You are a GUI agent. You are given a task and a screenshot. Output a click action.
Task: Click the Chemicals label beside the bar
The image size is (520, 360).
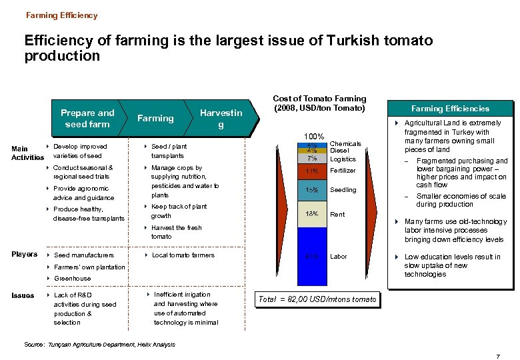(345, 143)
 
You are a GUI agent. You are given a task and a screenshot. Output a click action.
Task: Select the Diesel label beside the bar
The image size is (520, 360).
(340, 151)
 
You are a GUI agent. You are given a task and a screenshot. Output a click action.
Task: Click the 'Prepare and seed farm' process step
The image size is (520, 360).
(87, 119)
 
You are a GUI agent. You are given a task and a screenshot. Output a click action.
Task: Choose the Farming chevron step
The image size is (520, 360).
(155, 119)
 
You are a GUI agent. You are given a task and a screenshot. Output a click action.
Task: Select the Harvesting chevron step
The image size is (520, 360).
(221, 119)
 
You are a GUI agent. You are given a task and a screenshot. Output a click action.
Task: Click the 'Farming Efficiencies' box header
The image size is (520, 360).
(450, 109)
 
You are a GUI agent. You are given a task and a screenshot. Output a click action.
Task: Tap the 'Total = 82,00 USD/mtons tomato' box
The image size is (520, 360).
(318, 299)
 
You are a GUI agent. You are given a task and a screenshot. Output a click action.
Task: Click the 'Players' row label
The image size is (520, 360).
(24, 254)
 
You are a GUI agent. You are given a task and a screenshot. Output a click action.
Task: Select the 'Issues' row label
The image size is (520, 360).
(23, 295)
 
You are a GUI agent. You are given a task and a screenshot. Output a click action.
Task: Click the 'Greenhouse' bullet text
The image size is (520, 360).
(72, 278)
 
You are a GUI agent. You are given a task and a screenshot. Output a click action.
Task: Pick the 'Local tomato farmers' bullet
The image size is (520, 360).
(183, 255)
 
